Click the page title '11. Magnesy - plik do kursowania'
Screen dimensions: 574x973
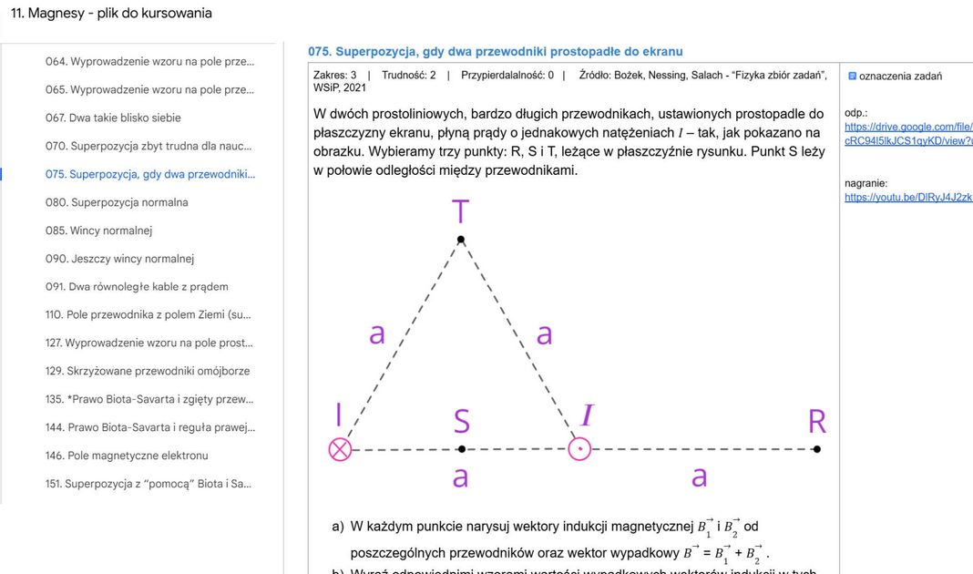click(x=111, y=14)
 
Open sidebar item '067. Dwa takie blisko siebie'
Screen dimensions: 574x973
click(x=113, y=118)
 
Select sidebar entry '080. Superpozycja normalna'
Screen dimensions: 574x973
click(x=117, y=202)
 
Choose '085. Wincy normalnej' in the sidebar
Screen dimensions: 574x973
click(x=98, y=231)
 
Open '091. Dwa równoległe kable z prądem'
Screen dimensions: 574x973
click(x=137, y=287)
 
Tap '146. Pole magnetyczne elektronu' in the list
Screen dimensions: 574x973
click(x=127, y=456)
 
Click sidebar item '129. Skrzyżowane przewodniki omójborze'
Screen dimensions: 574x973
click(x=148, y=371)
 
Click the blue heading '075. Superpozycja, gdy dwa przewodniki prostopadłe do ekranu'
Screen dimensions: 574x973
click(x=495, y=52)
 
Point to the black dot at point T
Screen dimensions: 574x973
click(x=461, y=240)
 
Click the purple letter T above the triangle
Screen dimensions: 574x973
click(x=461, y=211)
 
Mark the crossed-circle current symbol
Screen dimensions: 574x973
click(x=340, y=449)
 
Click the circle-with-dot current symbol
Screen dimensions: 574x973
click(x=579, y=449)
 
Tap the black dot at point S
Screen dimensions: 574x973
click(x=462, y=449)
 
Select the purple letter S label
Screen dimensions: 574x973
click(x=462, y=421)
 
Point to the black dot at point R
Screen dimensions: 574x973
click(x=817, y=449)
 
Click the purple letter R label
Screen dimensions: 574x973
click(x=817, y=422)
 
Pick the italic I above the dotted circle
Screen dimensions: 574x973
click(x=587, y=416)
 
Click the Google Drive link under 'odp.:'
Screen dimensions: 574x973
click(x=907, y=134)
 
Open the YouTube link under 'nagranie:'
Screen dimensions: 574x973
click(x=907, y=197)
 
